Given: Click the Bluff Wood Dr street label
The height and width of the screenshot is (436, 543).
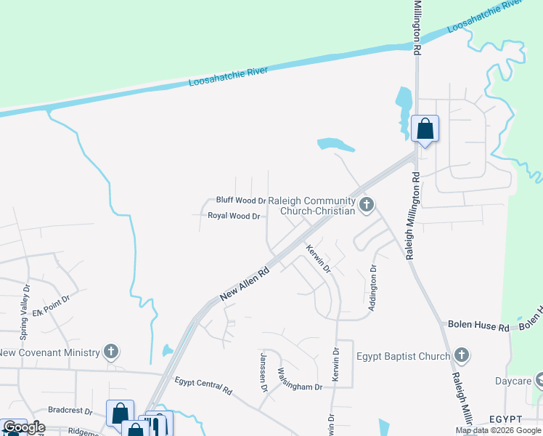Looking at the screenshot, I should pos(241,200).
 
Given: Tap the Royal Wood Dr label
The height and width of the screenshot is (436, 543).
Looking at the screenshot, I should pos(234,216).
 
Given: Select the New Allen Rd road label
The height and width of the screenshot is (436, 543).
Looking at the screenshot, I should pos(245,283).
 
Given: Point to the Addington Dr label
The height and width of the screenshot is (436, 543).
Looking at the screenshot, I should pos(372,288).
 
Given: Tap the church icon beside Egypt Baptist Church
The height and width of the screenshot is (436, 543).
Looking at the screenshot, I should pos(462,356).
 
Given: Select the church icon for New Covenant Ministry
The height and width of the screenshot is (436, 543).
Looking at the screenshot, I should pos(111,352).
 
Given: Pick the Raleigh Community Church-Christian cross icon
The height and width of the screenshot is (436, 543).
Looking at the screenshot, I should pos(367,206).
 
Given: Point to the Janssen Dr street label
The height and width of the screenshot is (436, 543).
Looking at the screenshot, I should pos(264,371).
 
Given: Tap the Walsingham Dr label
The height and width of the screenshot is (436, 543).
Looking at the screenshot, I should pos(300,380).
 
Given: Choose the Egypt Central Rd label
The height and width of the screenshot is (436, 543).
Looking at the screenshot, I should pos(203,385).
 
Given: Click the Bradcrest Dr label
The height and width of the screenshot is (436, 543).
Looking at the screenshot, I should pos(71,411).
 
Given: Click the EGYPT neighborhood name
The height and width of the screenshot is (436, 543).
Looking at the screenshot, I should pos(506,420).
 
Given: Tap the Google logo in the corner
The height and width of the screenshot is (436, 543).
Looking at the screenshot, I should pos(23,427).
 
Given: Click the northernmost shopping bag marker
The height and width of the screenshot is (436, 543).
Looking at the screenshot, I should pos(425,129).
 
